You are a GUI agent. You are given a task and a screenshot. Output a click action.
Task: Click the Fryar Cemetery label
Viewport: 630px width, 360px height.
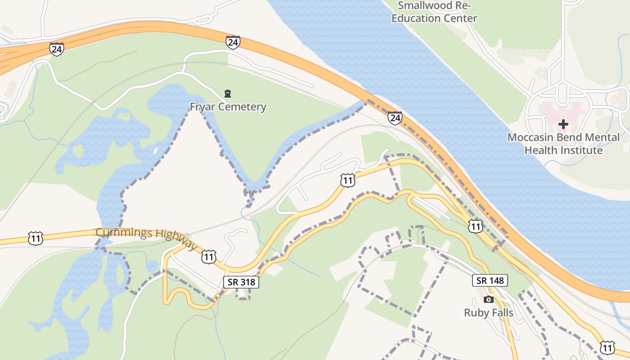[228, 107]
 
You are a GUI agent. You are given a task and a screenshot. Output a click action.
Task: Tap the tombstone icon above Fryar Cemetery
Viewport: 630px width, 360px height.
[228, 94]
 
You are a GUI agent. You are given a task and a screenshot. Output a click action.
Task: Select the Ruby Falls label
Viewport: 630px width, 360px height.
[489, 312]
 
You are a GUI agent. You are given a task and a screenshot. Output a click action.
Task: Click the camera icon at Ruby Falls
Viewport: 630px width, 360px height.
[489, 299]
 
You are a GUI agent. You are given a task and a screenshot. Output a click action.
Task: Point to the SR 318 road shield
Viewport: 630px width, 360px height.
[241, 282]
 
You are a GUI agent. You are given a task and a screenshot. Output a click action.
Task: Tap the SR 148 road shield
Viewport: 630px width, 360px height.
[490, 280]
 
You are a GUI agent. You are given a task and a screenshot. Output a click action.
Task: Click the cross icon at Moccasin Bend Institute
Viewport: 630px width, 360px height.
[563, 124]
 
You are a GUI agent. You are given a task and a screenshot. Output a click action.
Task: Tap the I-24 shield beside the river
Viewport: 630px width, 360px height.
[395, 118]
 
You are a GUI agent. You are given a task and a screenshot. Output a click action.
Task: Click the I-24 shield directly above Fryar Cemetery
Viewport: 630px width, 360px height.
[233, 42]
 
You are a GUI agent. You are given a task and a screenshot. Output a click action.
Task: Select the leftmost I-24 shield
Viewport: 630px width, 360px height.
[57, 49]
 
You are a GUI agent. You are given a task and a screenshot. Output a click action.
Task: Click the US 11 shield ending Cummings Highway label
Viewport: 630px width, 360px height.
[209, 256]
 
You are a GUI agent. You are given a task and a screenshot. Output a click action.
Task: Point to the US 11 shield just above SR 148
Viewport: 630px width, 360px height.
[475, 226]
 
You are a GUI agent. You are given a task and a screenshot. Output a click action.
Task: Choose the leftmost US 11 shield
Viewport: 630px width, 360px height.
[35, 238]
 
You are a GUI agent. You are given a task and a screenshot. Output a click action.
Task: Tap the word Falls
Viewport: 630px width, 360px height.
[501, 312]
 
